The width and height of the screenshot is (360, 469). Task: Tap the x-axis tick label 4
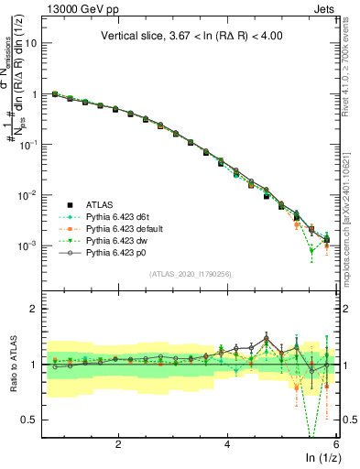(227, 443)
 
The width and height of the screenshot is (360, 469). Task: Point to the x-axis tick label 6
(336, 443)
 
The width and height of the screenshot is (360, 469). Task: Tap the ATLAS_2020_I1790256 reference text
(190, 273)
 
